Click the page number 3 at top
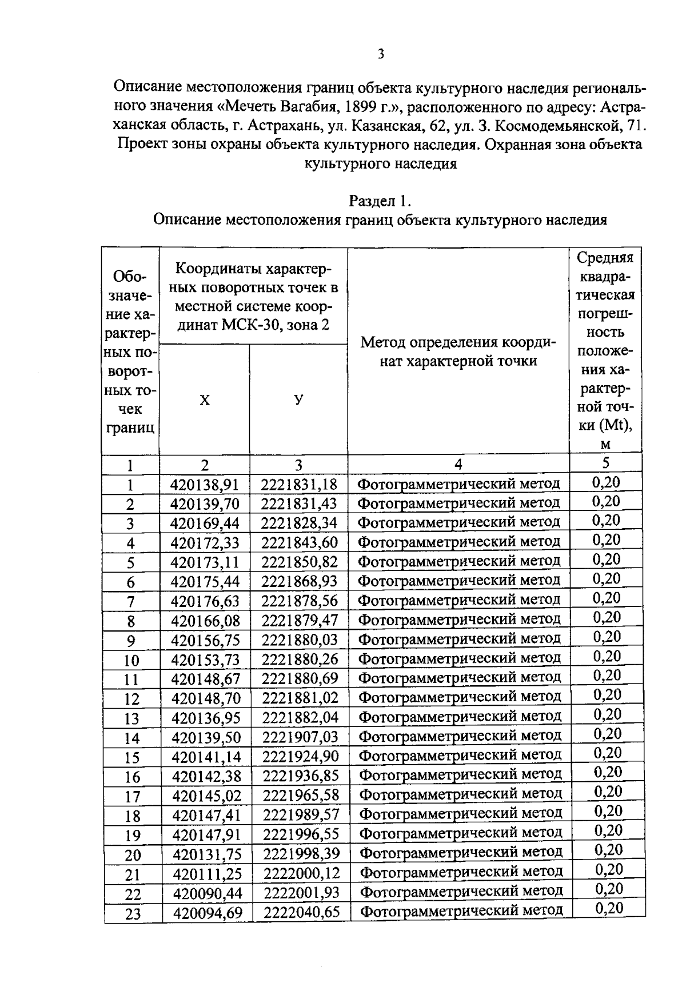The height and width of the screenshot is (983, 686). coord(381,54)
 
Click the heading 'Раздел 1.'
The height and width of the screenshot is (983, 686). coord(380,201)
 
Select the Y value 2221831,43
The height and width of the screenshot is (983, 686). coord(299,504)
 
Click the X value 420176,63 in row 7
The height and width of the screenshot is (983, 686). coord(205,601)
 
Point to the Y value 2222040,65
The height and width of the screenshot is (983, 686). coord(302,913)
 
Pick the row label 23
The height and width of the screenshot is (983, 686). coord(133,914)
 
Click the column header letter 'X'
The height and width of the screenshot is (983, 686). coord(205,400)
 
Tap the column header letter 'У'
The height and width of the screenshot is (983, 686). coord(298,399)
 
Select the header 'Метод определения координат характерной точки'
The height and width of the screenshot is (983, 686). coord(458,351)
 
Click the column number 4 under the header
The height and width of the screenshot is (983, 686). coord(458,464)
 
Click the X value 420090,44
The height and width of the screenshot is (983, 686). coord(208,893)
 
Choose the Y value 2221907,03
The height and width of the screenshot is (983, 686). coord(301,737)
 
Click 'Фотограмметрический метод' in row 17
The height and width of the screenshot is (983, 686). coord(461,794)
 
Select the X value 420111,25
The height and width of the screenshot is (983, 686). coord(208,874)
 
